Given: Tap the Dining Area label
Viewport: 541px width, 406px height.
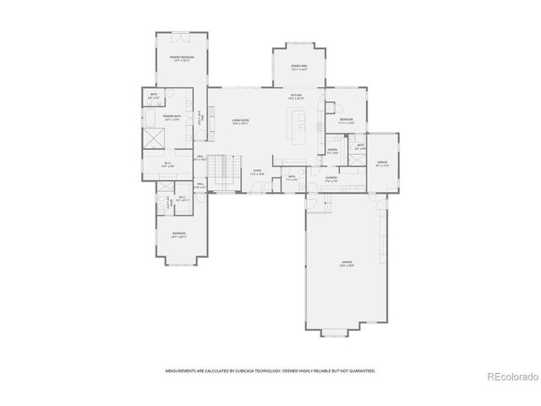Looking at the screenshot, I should pyautogui.click(x=297, y=65).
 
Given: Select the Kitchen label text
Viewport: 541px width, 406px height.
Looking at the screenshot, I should pyautogui.click(x=297, y=95).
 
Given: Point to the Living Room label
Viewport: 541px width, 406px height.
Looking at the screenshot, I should pyautogui.click(x=240, y=121).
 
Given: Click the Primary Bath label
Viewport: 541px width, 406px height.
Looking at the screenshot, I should pyautogui.click(x=174, y=116).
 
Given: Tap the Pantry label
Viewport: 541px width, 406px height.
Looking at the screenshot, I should pyautogui.click(x=333, y=150).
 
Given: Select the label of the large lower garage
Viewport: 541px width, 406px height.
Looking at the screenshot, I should pyautogui.click(x=347, y=263).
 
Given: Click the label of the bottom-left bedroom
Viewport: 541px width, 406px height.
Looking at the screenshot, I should pyautogui.click(x=179, y=234).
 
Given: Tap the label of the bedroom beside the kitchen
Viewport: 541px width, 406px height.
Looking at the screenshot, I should pyautogui.click(x=347, y=120).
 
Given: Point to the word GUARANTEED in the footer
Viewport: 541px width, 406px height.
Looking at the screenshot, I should pyautogui.click(x=360, y=370).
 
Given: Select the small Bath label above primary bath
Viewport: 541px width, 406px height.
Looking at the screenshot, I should pyautogui.click(x=153, y=95).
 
